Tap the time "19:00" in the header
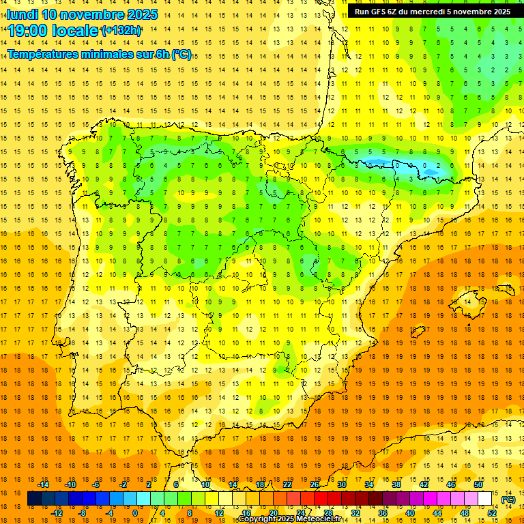pos(28,31)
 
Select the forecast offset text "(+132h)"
pos(121,31)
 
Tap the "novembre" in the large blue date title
pos(93,14)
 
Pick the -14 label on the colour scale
pos(43,484)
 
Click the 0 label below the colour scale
pos(135,513)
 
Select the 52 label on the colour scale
pos(493,513)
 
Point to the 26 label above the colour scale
pos(315,484)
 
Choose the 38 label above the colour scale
pos(396,484)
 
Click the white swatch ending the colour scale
pos(484,499)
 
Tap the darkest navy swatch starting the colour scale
pos(34,499)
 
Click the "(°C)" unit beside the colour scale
pos(508,499)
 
